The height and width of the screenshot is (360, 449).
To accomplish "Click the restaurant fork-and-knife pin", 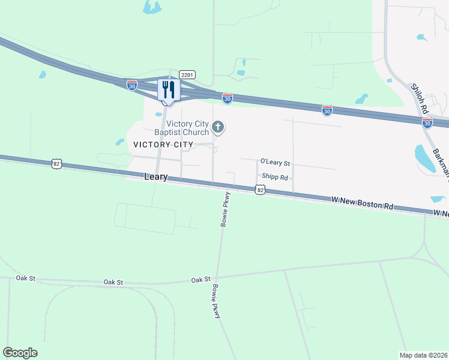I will [167, 91].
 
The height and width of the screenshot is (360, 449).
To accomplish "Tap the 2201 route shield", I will [187, 74].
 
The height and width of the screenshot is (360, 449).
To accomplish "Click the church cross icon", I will [218, 127].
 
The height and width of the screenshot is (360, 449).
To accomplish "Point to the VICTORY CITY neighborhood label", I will [163, 145].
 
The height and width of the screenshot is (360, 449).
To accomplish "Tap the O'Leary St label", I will [275, 163].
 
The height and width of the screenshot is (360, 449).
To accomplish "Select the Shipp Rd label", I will [275, 178].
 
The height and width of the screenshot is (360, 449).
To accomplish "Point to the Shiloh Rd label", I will [418, 98].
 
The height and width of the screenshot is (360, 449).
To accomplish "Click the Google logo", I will [20, 353].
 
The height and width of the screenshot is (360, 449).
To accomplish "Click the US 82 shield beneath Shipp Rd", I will [259, 190].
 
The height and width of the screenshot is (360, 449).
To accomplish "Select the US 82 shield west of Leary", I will [56, 163].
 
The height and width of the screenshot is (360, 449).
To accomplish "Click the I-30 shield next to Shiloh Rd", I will [427, 122].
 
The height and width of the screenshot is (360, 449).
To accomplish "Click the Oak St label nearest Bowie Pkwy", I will [201, 280].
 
